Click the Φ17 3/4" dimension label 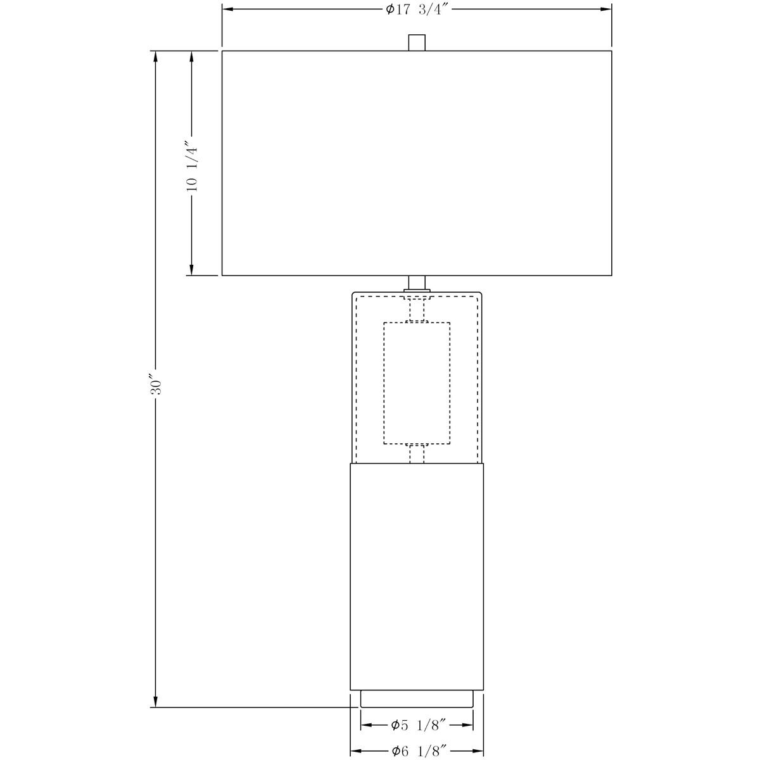(x=417, y=9)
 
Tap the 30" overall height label (x=156, y=382)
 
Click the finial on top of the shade (x=417, y=42)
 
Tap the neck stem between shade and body (x=417, y=283)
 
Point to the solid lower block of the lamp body (x=417, y=576)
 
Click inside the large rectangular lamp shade (x=417, y=163)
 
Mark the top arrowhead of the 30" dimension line (x=156, y=57)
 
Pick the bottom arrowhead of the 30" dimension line (x=156, y=701)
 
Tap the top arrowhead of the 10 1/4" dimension (x=192, y=57)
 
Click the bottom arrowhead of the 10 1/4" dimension (x=192, y=269)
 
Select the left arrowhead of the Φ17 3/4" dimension (x=228, y=9)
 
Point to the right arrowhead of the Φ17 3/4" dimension (x=606, y=9)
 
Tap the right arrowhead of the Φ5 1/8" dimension (x=467, y=725)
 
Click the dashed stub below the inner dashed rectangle (x=417, y=453)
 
